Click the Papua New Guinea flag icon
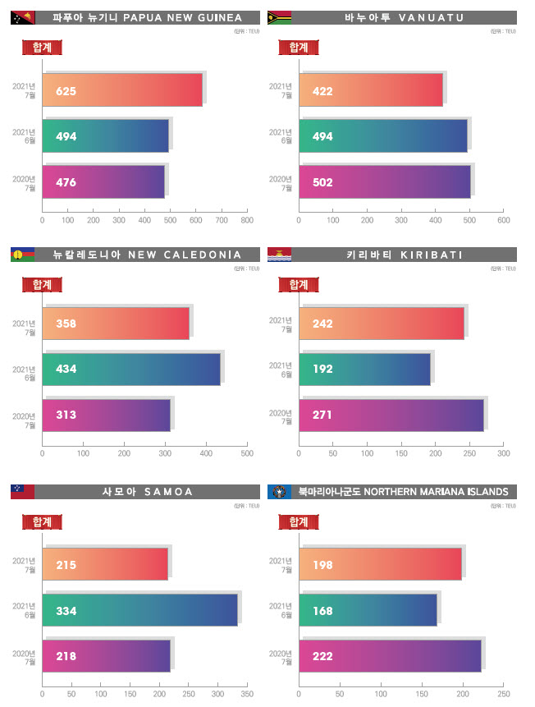point(22,16)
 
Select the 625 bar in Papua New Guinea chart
point(122,90)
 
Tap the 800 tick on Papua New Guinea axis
point(246,220)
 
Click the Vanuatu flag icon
point(279,16)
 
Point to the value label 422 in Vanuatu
point(322,90)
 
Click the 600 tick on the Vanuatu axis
point(503,220)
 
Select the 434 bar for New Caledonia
point(131,370)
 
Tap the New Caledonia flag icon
point(22,255)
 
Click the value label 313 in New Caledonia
point(66,415)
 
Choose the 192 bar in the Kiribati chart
point(364,370)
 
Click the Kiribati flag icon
point(279,255)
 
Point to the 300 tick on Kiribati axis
point(503,453)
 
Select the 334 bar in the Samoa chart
point(140,611)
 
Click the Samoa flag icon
point(22,491)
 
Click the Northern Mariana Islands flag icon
point(279,491)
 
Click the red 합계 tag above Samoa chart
point(42,521)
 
